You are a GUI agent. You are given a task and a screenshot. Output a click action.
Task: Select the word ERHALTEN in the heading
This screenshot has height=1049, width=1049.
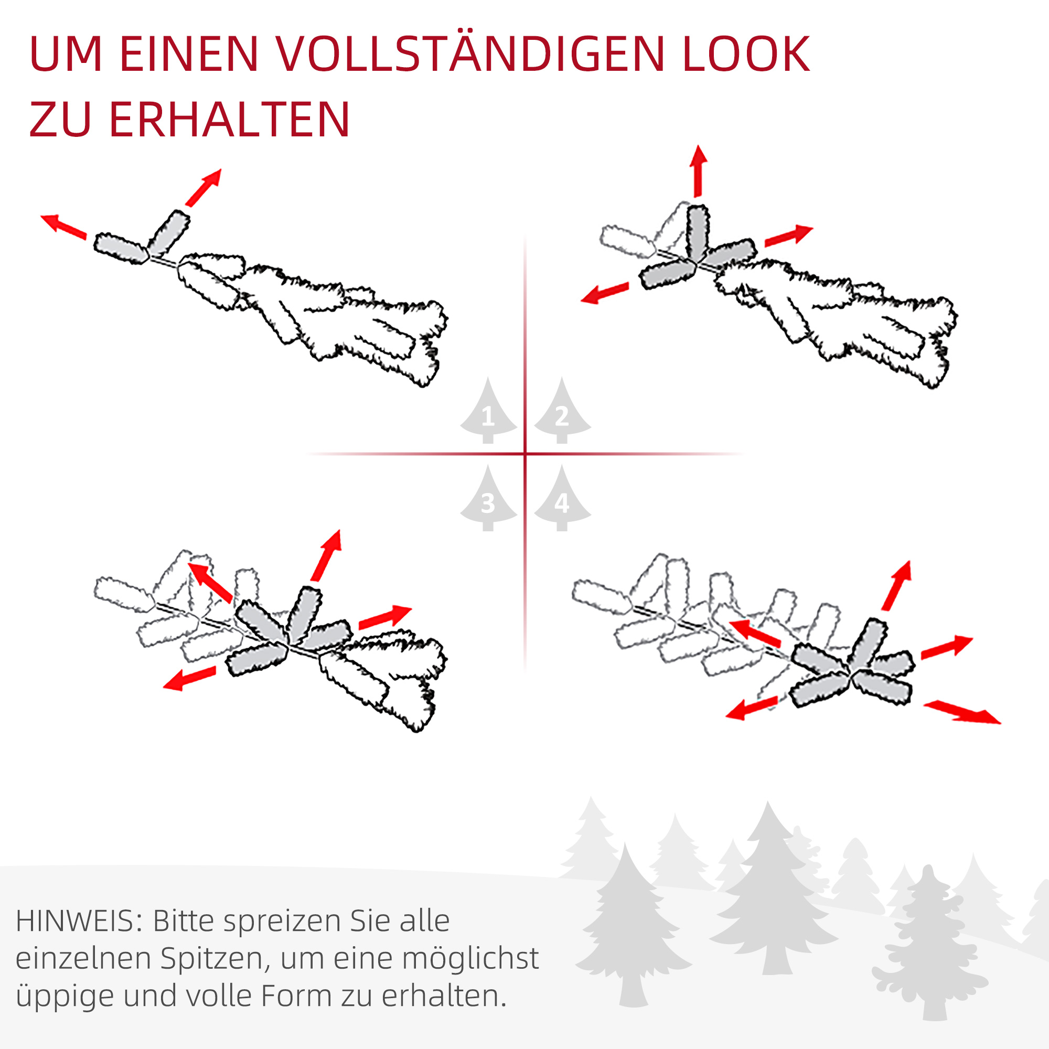(x=230, y=120)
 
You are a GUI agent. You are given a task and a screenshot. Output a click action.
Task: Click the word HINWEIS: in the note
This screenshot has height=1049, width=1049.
(x=79, y=922)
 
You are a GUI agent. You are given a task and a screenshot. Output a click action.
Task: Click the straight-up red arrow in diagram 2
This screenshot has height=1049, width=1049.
(x=698, y=171)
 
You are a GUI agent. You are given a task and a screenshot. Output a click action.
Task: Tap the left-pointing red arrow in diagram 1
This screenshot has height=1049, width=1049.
(x=63, y=227)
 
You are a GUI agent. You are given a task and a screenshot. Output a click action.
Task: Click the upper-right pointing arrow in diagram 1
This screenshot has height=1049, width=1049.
(x=204, y=187)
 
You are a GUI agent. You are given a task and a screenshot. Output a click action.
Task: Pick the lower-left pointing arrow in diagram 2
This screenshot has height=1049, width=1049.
(x=605, y=293)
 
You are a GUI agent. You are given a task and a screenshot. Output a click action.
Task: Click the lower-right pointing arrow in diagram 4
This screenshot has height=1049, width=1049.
(x=962, y=712)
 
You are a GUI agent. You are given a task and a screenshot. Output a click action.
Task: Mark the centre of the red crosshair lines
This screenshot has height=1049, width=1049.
(x=525, y=453)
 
